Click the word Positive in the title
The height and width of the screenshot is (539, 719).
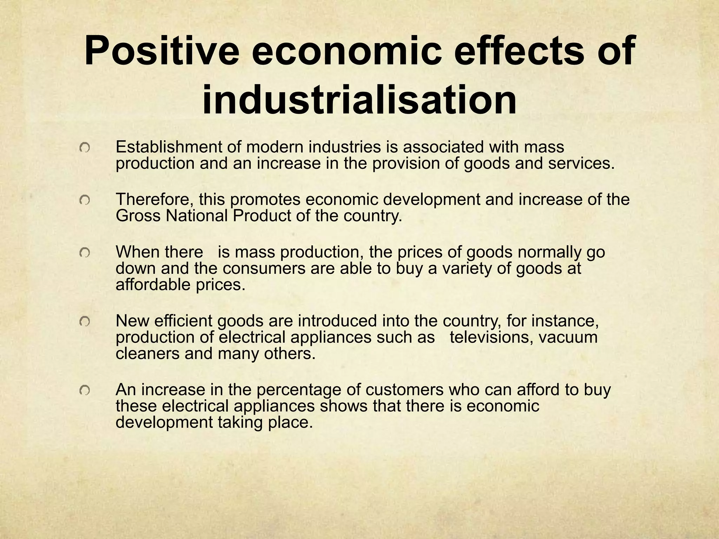coord(162,52)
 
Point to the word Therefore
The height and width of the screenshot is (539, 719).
coord(154,200)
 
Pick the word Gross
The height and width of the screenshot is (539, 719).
coord(138,216)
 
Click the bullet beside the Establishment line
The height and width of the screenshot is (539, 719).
coord(85,149)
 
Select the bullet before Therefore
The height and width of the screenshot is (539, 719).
coord(85,200)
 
